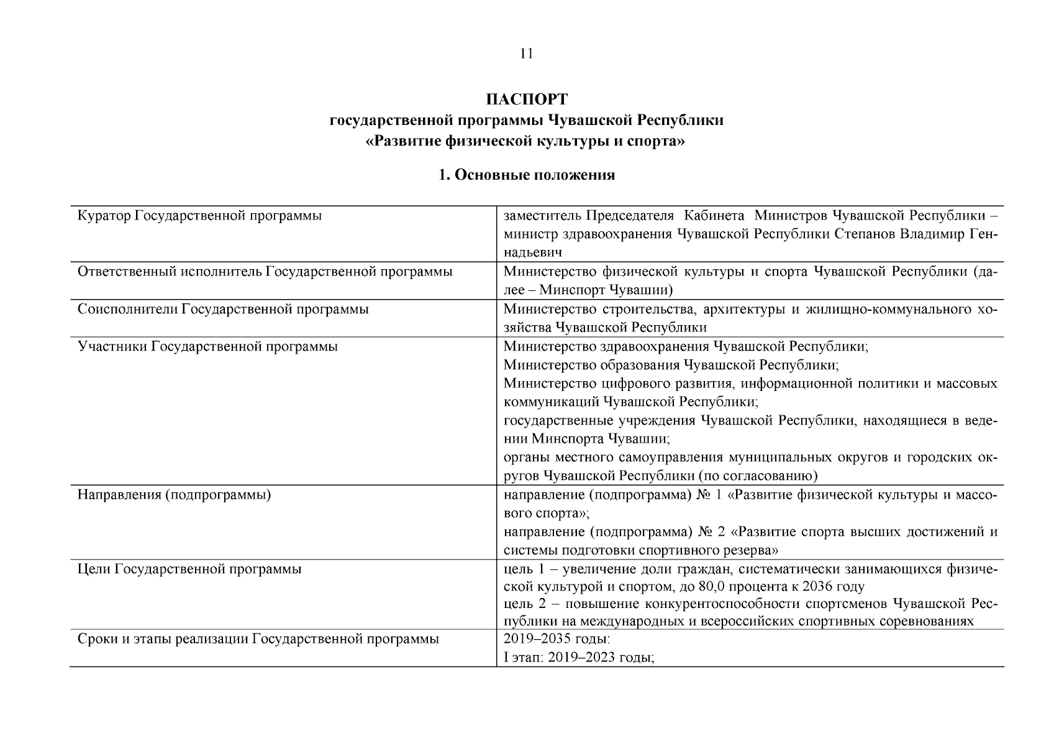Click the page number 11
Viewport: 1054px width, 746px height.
click(x=526, y=53)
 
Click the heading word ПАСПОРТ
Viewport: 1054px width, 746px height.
click(x=526, y=99)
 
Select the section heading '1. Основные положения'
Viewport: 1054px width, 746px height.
click(x=526, y=175)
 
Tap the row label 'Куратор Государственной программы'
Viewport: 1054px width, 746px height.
click(x=199, y=216)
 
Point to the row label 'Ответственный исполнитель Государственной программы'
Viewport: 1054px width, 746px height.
click(x=265, y=272)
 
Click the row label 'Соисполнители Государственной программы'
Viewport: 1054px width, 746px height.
click(x=223, y=309)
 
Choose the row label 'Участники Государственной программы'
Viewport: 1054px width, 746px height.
click(x=207, y=346)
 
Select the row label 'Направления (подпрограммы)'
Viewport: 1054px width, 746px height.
click(x=174, y=495)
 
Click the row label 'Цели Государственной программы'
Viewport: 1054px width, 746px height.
click(x=189, y=569)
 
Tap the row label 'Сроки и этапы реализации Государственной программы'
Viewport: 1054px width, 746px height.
click(x=258, y=639)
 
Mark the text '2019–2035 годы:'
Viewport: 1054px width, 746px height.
click(x=557, y=639)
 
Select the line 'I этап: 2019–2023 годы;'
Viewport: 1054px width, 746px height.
click(x=579, y=658)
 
